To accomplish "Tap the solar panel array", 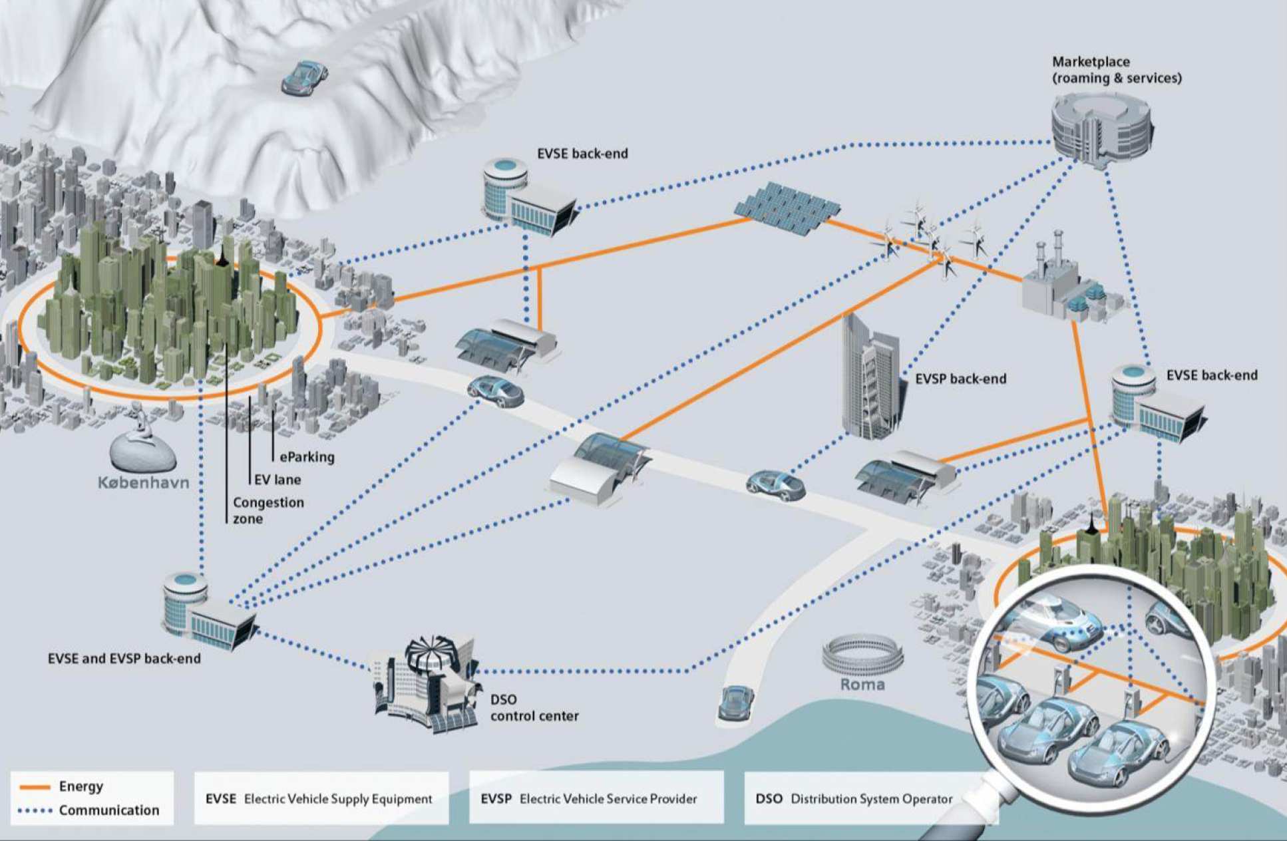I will click(787, 207).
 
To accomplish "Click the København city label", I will click(143, 482).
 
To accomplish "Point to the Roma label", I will click(862, 685).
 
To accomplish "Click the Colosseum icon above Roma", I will click(862, 653).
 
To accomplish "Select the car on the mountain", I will click(305, 77).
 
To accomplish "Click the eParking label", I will click(307, 457).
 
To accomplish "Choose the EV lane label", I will click(277, 480).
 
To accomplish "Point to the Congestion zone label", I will click(268, 510).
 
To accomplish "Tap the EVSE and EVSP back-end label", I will click(124, 659).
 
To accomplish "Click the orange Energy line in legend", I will click(35, 787).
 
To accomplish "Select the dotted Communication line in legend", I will click(35, 811).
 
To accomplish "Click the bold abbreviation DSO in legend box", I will click(769, 798).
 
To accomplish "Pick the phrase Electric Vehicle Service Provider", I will click(608, 798).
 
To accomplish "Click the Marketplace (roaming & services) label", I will click(1116, 70).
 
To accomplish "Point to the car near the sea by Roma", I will click(737, 702).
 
